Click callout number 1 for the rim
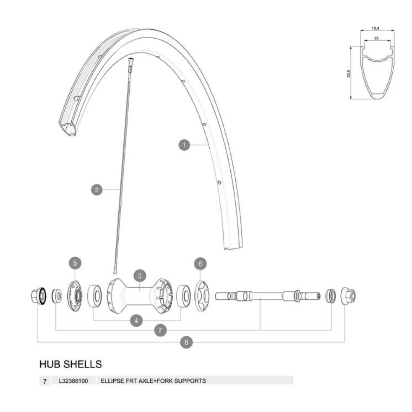(x=184, y=145)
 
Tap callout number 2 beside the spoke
(x=97, y=190)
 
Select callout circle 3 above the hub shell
(x=140, y=276)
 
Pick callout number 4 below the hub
(x=136, y=321)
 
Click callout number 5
(x=75, y=263)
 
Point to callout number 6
(x=201, y=264)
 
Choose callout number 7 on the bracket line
(x=160, y=330)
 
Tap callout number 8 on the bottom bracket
(x=186, y=342)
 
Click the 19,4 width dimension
(x=375, y=28)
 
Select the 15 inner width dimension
(x=376, y=38)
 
